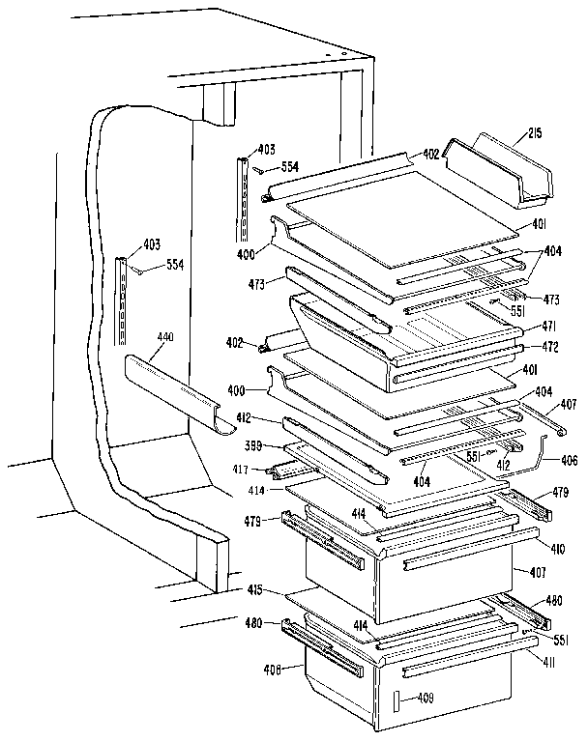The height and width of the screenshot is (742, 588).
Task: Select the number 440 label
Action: [164, 337]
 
